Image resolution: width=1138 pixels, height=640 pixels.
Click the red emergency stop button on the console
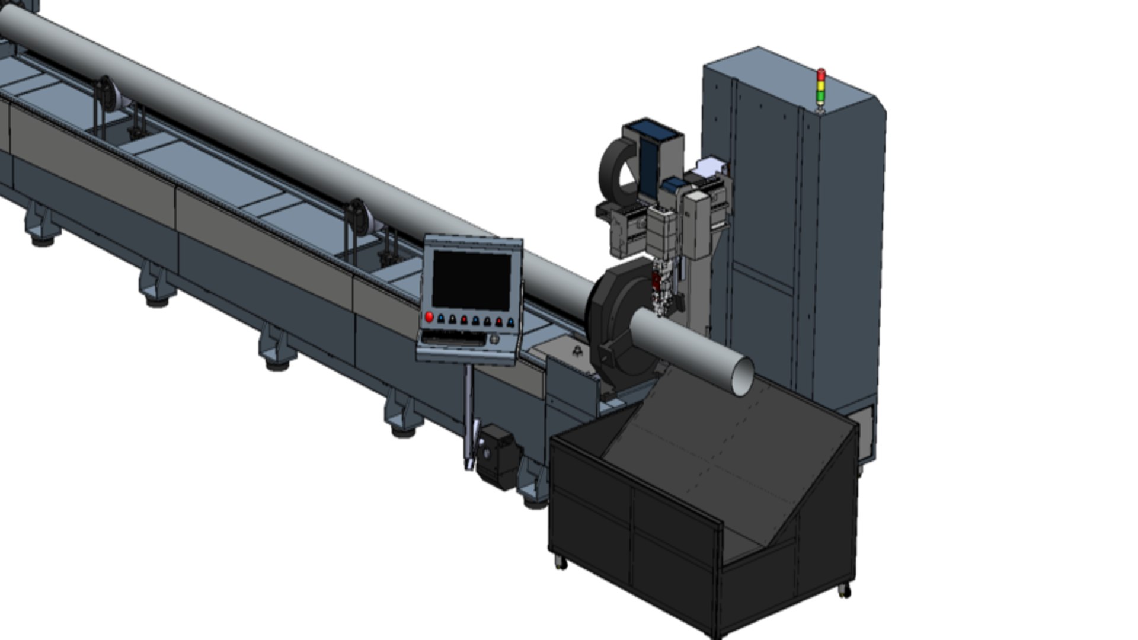[429, 317]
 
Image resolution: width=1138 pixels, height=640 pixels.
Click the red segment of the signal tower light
[821, 75]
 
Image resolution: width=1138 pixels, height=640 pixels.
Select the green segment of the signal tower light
[821, 95]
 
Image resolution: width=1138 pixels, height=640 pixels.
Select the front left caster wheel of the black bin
[560, 563]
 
